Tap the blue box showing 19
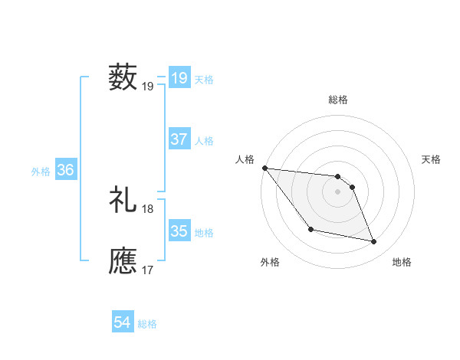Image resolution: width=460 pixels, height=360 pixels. tap(179, 77)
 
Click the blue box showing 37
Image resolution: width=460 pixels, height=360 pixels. tap(179, 139)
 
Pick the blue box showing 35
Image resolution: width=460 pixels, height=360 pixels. tap(179, 231)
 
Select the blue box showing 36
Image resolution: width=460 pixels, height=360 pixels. tap(65, 170)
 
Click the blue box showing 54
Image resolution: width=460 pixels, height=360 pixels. tap(122, 322)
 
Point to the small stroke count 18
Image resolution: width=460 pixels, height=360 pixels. tap(148, 208)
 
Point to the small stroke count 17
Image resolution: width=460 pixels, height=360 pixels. tap(148, 270)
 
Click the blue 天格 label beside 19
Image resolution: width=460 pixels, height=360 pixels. tap(204, 79)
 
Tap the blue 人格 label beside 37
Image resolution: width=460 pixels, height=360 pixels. tap(204, 141)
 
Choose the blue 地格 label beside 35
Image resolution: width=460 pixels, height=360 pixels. tap(204, 233)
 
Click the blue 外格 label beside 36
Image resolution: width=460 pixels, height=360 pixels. tap(41, 172)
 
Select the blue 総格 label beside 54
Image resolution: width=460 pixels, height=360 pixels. tap(147, 324)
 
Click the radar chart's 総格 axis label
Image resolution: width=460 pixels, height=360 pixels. tap(338, 100)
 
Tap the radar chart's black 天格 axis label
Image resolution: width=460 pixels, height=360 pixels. tap(432, 159)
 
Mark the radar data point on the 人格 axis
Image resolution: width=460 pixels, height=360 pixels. tap(264, 168)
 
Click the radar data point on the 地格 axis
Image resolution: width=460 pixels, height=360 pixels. tap(374, 242)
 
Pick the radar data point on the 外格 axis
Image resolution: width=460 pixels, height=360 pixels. tap(310, 229)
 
